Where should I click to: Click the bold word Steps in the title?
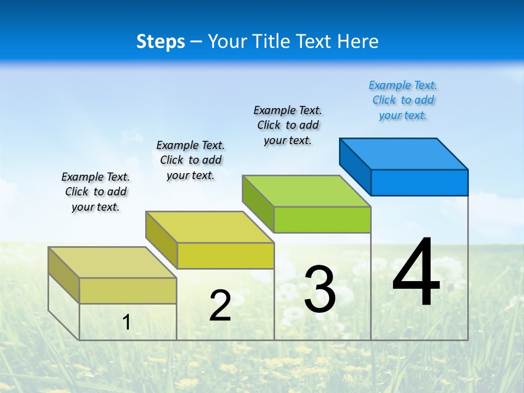(x=160, y=41)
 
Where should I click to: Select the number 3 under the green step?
(x=320, y=290)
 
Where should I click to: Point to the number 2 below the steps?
(x=220, y=306)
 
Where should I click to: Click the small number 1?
(x=127, y=322)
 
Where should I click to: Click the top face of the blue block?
(x=404, y=154)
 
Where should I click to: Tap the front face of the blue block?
(x=419, y=182)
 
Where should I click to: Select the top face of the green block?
(x=307, y=191)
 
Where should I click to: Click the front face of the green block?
(x=322, y=219)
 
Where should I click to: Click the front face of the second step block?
(x=225, y=255)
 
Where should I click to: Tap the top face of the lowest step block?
(x=112, y=263)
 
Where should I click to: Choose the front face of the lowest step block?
(x=128, y=290)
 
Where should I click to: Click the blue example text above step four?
(x=403, y=100)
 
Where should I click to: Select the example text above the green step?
(x=288, y=125)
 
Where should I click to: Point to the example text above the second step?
(x=190, y=160)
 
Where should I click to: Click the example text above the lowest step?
(x=96, y=192)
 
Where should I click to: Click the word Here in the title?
(x=358, y=41)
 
